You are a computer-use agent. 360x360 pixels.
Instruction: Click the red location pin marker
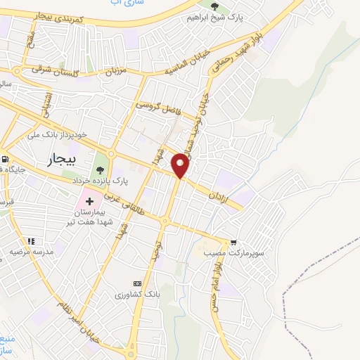182,165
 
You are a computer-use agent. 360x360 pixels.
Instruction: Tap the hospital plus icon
89,202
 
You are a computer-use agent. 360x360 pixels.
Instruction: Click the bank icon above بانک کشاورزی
147,283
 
